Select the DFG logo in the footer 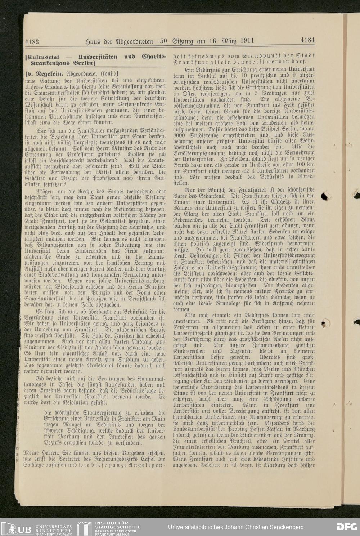point(346,527)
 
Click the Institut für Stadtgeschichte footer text point(117,527)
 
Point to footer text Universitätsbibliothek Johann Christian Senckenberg point(236,527)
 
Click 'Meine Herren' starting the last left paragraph point(37,452)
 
